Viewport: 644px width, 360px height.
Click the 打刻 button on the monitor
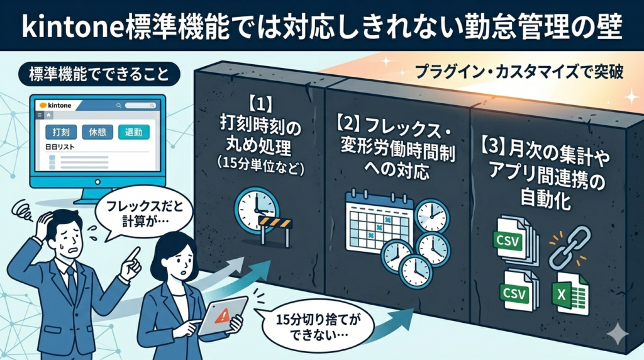tap(61, 133)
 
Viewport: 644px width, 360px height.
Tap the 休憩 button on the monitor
tap(97, 133)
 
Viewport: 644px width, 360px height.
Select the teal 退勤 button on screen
tap(133, 133)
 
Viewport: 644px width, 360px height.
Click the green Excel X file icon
tap(569, 295)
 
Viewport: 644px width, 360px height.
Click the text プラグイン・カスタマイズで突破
tap(519, 72)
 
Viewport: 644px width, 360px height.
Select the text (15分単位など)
tap(257, 169)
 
